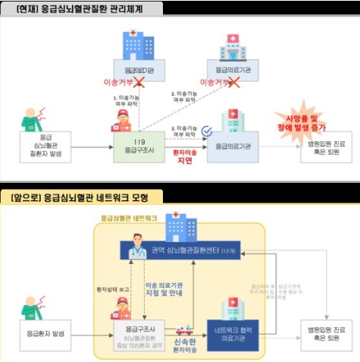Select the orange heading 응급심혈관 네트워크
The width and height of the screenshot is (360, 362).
pyautogui.click(x=130, y=218)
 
